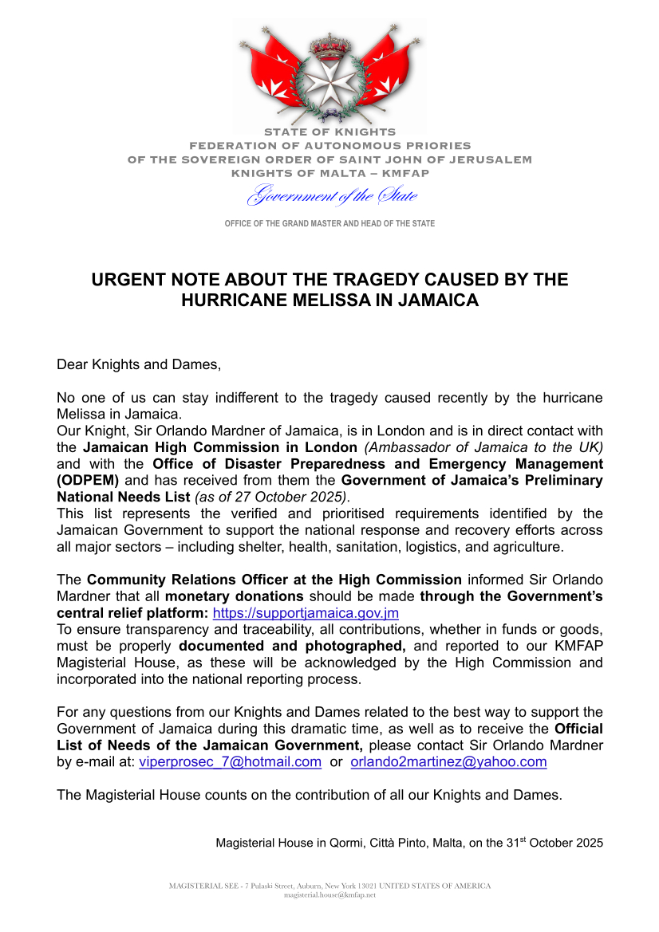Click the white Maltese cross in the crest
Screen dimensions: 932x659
coord(329,77)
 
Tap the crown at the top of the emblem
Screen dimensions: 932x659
coord(329,45)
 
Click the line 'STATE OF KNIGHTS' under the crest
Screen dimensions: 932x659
coord(329,132)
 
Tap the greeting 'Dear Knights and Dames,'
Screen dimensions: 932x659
coord(138,365)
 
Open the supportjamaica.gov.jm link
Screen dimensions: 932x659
coord(306,613)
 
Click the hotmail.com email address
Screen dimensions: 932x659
coord(231,761)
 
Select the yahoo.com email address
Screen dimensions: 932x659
coord(449,761)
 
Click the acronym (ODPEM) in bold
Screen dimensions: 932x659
coord(88,480)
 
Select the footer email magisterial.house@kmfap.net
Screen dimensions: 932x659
coord(329,895)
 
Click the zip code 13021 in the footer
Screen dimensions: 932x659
coord(364,886)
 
